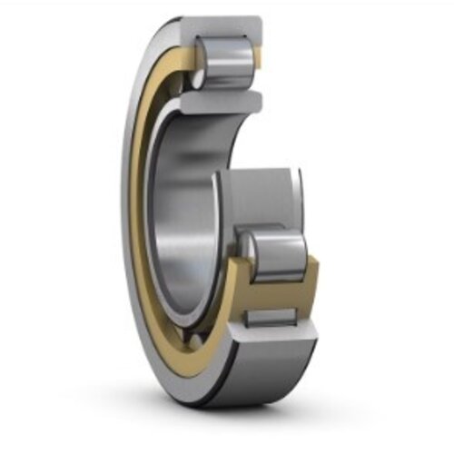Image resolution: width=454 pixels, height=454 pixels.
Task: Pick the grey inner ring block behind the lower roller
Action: [x=263, y=195]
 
